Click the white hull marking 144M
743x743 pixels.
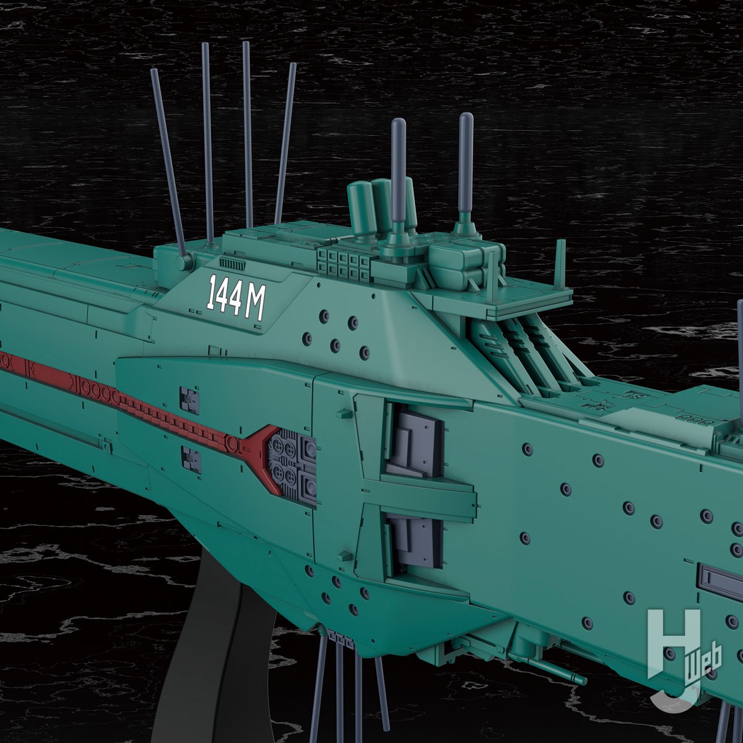[x=237, y=297]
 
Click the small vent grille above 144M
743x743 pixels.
[x=232, y=264]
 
